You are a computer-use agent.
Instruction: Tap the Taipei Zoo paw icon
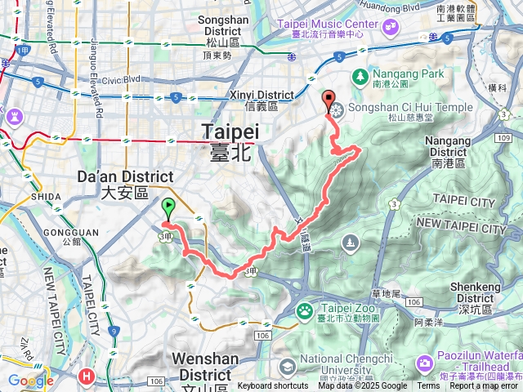[305, 310]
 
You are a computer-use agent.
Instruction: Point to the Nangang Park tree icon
[359, 76]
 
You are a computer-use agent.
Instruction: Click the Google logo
[30, 381]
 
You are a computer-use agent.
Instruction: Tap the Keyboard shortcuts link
[273, 386]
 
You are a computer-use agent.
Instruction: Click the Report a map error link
[485, 386]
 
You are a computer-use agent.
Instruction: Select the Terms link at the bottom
[428, 386]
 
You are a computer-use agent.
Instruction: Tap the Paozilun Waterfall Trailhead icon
[425, 362]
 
